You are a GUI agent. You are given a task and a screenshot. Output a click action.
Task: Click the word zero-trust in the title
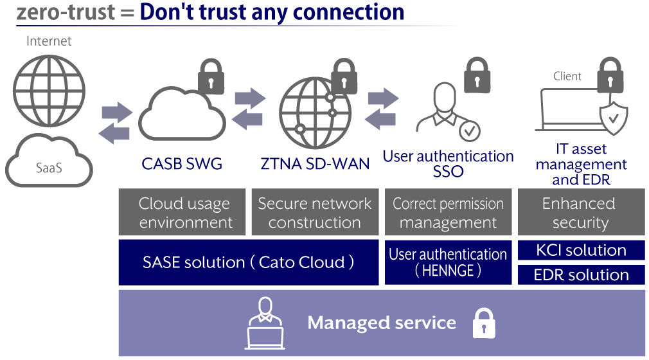[x=66, y=12]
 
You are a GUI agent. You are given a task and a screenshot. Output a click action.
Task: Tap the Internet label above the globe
[x=49, y=41]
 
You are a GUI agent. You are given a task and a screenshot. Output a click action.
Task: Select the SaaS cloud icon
[x=49, y=161]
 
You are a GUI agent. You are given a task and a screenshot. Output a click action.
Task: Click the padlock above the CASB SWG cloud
[x=211, y=76]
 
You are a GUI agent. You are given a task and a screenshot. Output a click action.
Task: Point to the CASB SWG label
[x=182, y=164]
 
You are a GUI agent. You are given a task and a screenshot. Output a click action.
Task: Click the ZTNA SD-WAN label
[x=315, y=164]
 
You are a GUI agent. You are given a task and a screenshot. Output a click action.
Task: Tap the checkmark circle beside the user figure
[x=469, y=131]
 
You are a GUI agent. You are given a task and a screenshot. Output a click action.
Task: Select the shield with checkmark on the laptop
[x=614, y=118]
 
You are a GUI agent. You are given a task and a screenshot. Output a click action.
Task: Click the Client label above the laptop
[x=567, y=76]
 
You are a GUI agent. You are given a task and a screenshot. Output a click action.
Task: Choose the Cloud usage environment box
[x=182, y=212]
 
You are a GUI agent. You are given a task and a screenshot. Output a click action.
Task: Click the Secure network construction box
[x=315, y=212]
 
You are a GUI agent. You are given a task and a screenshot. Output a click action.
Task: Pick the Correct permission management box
[x=449, y=212]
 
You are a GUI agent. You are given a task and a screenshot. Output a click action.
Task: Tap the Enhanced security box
[x=581, y=212]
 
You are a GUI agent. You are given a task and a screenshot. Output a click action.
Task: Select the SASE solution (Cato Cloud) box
[x=249, y=262]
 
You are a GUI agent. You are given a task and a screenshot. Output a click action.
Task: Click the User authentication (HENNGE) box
[x=449, y=262]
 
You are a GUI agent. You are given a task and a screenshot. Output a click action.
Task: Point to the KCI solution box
[x=581, y=250]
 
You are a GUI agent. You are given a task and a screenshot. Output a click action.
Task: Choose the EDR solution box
[x=581, y=274]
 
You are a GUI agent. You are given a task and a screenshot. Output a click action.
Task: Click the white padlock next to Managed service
[x=484, y=323]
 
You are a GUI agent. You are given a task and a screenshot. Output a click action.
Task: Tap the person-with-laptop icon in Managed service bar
[x=265, y=323]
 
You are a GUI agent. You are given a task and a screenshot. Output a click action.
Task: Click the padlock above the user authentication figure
[x=477, y=75]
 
